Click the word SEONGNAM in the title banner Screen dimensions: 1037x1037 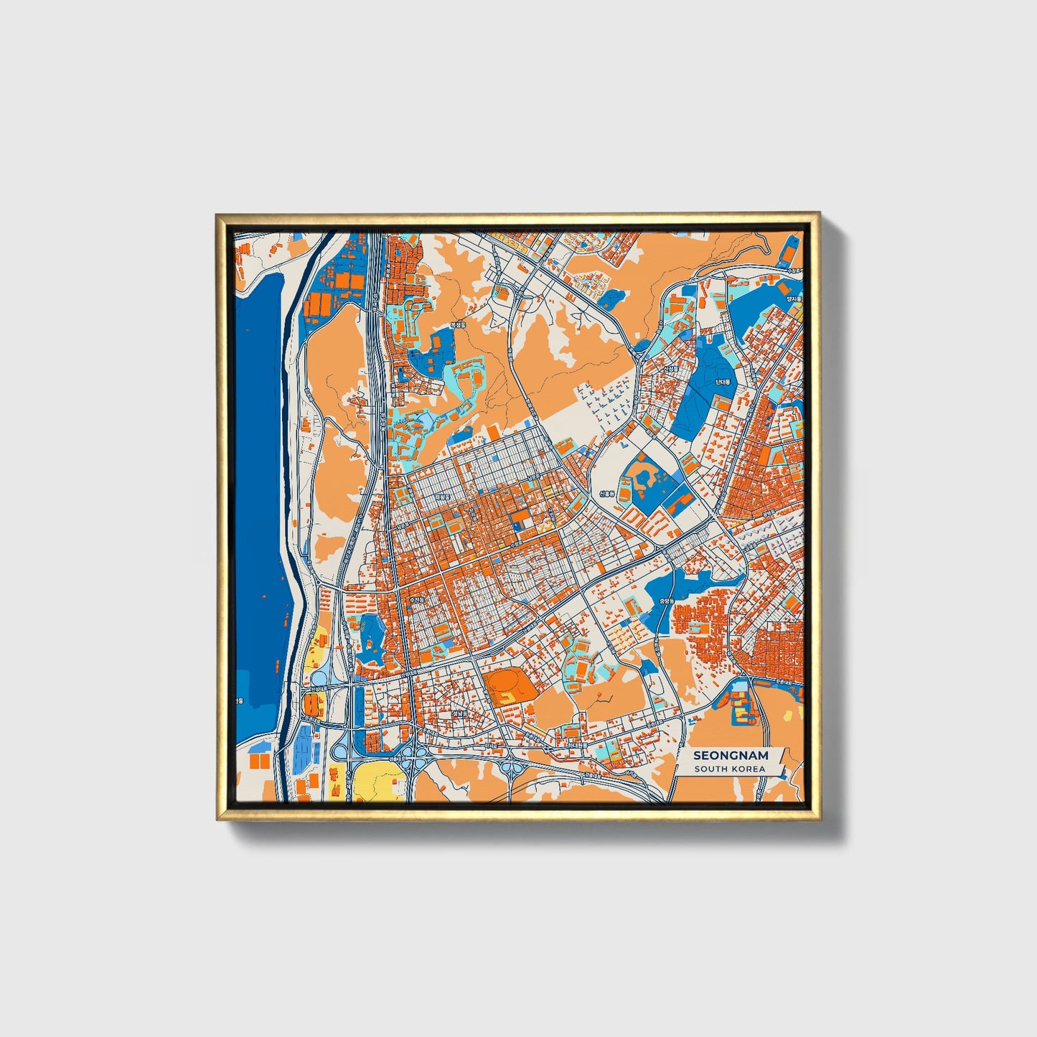click(731, 756)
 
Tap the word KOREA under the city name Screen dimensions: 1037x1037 click(748, 769)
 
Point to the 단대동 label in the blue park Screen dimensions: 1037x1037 click(722, 382)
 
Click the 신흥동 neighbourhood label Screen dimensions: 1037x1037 click(607, 494)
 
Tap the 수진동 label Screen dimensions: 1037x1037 click(417, 599)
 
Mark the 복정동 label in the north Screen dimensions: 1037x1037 click(457, 325)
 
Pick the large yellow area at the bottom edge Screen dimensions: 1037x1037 click(375, 782)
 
